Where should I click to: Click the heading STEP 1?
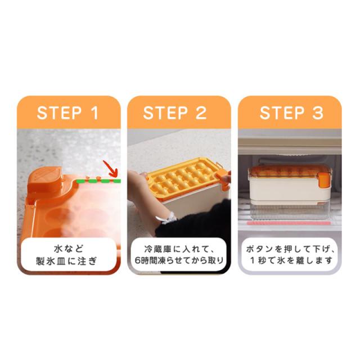tap(67, 112)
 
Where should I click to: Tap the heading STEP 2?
tap(175, 112)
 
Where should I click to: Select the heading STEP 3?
tap(291, 112)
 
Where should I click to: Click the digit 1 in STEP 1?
tap(94, 112)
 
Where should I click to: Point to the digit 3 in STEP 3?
tap(318, 112)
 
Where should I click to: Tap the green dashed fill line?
tap(98, 181)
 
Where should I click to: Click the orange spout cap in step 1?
tap(45, 178)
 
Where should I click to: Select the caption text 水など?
tap(68, 249)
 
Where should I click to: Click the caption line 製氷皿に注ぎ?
tap(66, 261)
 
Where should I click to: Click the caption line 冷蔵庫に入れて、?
tap(179, 249)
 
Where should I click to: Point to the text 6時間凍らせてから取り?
tap(179, 260)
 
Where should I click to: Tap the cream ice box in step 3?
tap(290, 186)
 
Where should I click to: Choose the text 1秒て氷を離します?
tap(291, 260)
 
